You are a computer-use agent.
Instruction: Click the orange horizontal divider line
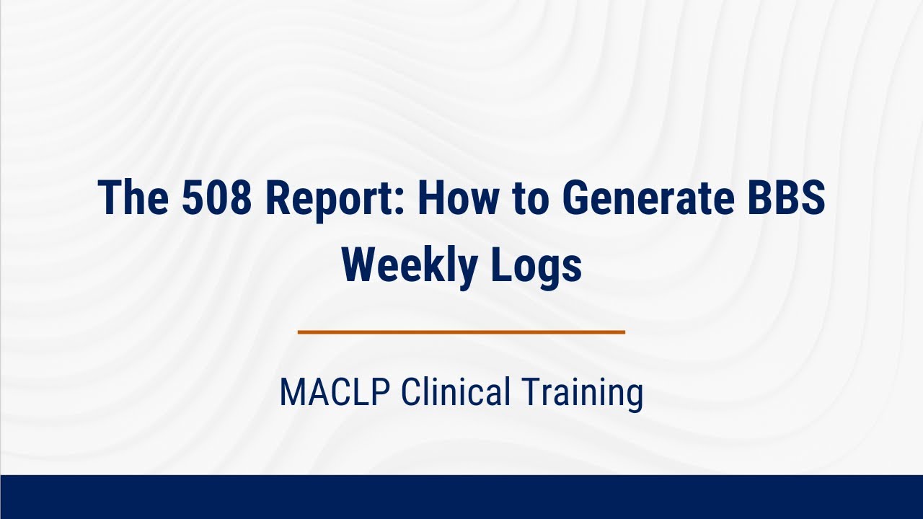[461, 332]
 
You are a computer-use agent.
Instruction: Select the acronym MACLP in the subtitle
[335, 393]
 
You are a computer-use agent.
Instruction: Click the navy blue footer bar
[461, 497]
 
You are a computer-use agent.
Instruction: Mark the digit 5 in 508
[191, 198]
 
